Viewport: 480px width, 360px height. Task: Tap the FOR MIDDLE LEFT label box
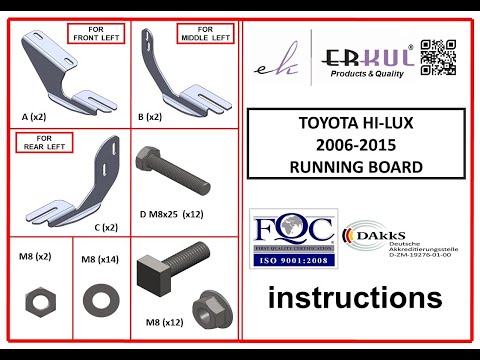coord(207,34)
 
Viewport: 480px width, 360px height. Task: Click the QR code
coord(438,57)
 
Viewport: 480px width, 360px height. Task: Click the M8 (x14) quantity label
coord(99,259)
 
